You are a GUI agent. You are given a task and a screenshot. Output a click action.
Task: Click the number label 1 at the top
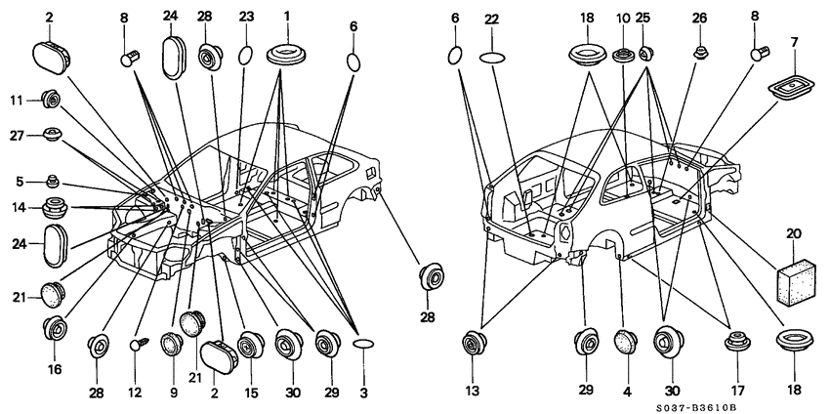(x=286, y=17)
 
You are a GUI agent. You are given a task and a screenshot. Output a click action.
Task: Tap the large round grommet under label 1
(x=287, y=55)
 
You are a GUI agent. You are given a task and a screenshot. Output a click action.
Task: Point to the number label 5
(x=21, y=183)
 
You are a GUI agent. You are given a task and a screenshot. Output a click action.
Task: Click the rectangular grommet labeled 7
(x=788, y=88)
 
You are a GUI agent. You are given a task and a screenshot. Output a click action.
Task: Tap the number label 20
(x=794, y=234)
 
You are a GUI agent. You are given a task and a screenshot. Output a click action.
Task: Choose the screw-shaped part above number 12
(x=140, y=345)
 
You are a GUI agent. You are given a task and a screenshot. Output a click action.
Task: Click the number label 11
(x=17, y=99)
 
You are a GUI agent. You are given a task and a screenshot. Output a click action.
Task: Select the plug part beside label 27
(x=52, y=135)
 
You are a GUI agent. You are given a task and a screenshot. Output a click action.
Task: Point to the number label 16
(x=55, y=369)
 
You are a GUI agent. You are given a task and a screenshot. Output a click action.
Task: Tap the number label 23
(x=246, y=17)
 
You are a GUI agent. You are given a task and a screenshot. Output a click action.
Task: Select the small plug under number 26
(x=700, y=53)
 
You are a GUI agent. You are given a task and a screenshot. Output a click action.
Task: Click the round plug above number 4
(x=626, y=343)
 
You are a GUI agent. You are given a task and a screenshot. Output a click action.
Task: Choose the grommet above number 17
(x=736, y=341)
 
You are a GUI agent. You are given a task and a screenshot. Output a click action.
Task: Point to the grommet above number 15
(x=250, y=346)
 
